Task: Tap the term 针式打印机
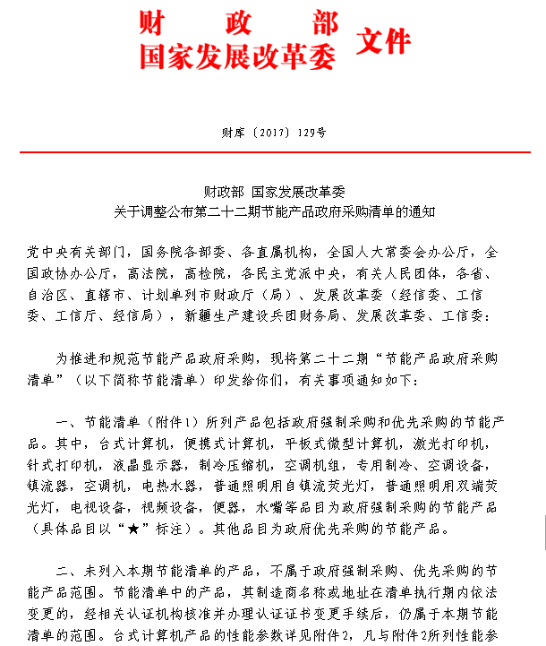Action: [x=79, y=465]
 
